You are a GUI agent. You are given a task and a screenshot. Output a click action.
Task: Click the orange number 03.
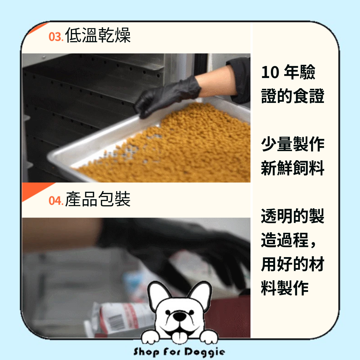(x=55, y=37)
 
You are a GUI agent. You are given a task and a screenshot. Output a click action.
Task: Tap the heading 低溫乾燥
(x=98, y=35)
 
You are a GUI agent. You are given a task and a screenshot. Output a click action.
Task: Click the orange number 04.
(x=55, y=200)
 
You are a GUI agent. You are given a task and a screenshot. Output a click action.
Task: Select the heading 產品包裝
(x=98, y=199)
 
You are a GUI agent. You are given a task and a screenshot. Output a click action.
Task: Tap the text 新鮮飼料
(x=292, y=168)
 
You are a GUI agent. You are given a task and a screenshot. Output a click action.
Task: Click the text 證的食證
(x=292, y=96)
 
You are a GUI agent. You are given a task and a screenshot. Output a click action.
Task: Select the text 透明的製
(x=292, y=216)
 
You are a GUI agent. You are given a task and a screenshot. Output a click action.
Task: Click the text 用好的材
(x=292, y=264)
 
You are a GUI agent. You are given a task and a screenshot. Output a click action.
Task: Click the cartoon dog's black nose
(x=180, y=316)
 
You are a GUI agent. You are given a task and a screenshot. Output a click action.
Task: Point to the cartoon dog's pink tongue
(x=180, y=336)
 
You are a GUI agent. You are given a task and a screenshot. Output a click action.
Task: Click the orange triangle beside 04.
(x=33, y=190)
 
